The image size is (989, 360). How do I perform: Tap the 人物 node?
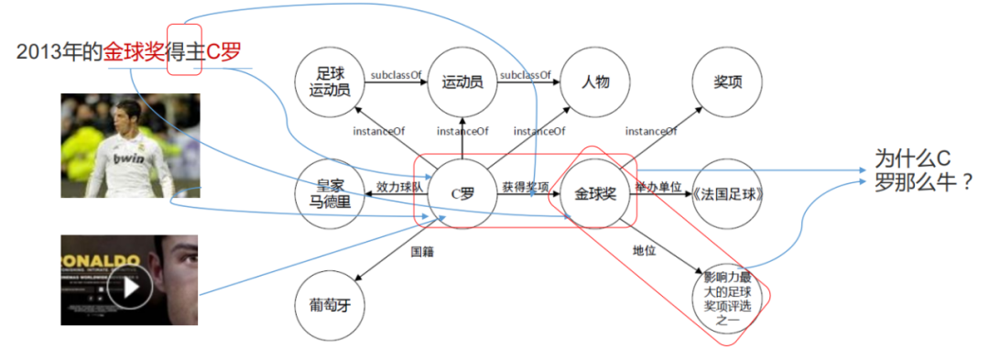595,82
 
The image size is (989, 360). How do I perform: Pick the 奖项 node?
727,82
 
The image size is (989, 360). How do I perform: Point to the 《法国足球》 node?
728,194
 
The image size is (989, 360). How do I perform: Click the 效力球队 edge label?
399,186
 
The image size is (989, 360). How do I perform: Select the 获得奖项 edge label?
526,186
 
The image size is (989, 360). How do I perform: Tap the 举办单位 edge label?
658,186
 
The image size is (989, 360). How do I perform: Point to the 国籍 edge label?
421,249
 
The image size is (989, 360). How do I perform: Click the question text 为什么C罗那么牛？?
922,169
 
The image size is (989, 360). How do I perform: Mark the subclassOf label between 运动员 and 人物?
525,74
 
